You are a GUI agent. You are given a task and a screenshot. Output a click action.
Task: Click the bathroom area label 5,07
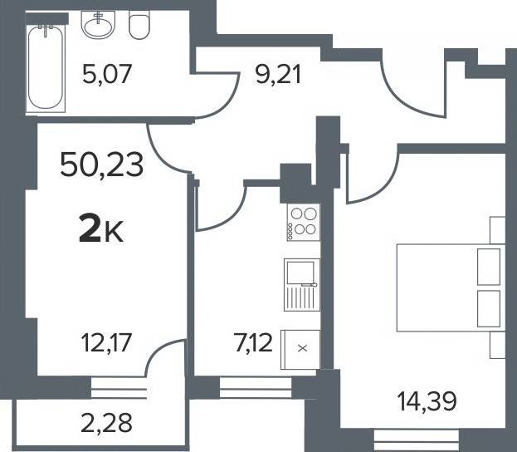pos(107,74)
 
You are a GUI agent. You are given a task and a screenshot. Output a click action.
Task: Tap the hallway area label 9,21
pos(279,76)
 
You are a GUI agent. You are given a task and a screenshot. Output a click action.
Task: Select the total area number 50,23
pos(102,165)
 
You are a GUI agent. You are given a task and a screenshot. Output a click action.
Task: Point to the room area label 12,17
pos(106,342)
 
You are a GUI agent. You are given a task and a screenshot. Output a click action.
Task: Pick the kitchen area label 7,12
pos(253,342)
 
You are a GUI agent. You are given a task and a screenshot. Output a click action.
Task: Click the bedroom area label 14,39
pos(427,401)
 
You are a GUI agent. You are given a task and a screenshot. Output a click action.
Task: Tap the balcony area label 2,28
pos(106,423)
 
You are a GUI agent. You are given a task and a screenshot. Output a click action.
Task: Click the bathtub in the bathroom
pos(46,67)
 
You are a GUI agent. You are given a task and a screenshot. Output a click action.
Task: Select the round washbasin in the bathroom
pos(98,25)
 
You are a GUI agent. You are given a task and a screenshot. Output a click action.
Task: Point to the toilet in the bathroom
pos(139,25)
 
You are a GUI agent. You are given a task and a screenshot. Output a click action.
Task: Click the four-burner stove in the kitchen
pos(304,222)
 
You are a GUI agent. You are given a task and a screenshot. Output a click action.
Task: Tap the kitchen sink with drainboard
pos(302,285)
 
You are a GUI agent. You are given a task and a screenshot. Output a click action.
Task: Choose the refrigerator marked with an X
pos(300,349)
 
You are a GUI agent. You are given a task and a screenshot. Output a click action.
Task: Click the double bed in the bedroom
pos(451,287)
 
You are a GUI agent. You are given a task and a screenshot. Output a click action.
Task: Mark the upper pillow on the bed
pos(489,267)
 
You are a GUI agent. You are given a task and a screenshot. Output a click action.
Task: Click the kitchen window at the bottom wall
pos(256,388)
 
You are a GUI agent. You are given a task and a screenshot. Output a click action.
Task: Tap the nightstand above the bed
pos(498,230)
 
